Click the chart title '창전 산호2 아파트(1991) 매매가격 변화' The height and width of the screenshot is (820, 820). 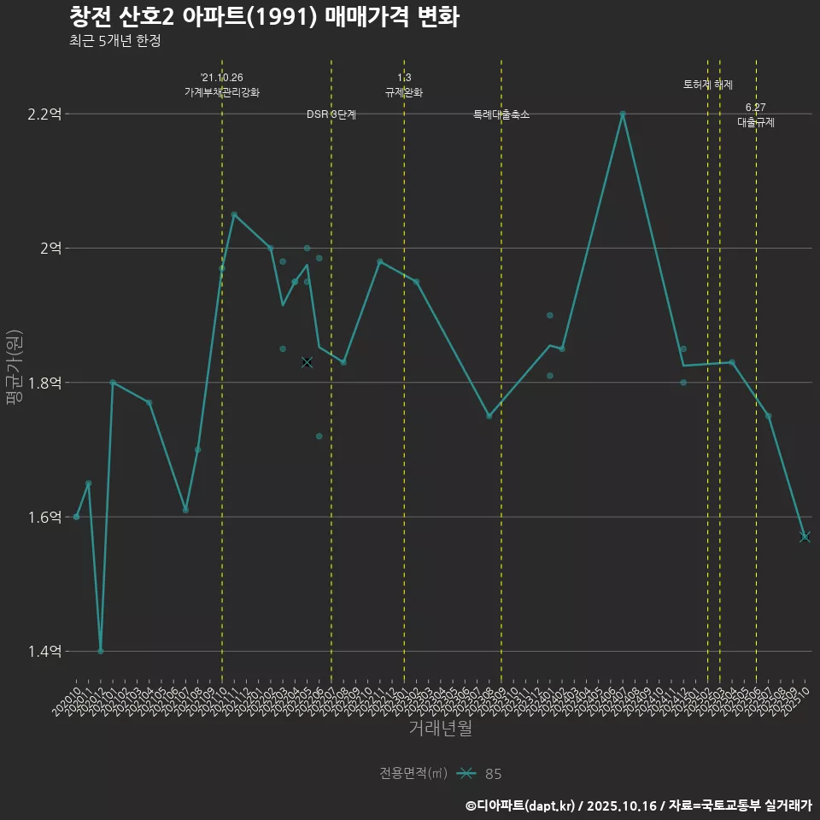pyautogui.click(x=264, y=17)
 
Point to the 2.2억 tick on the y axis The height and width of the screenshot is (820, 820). pyautogui.click(x=45, y=114)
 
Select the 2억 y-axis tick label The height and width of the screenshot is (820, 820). pyautogui.click(x=51, y=248)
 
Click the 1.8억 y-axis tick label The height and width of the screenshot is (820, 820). pyautogui.click(x=45, y=382)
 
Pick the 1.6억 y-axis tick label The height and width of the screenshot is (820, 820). pyautogui.click(x=45, y=517)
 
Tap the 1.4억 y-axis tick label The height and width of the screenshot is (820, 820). pyautogui.click(x=45, y=651)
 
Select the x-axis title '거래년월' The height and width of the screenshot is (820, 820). pyautogui.click(x=440, y=729)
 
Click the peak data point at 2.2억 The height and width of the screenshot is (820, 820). pyautogui.click(x=623, y=114)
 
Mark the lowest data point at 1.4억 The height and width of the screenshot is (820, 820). pyautogui.click(x=101, y=651)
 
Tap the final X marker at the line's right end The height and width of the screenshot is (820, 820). pyautogui.click(x=805, y=536)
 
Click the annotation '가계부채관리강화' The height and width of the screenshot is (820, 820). pyautogui.click(x=222, y=92)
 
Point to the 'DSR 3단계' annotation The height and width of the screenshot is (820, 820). pyautogui.click(x=331, y=114)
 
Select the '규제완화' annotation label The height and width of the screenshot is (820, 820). pyautogui.click(x=404, y=92)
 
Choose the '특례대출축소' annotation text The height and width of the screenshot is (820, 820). pyautogui.click(x=501, y=114)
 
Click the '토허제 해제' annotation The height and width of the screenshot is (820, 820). pyautogui.click(x=708, y=85)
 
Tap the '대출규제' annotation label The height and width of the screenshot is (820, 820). pyautogui.click(x=756, y=122)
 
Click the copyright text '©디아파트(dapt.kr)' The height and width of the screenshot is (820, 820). pyautogui.click(x=521, y=805)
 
